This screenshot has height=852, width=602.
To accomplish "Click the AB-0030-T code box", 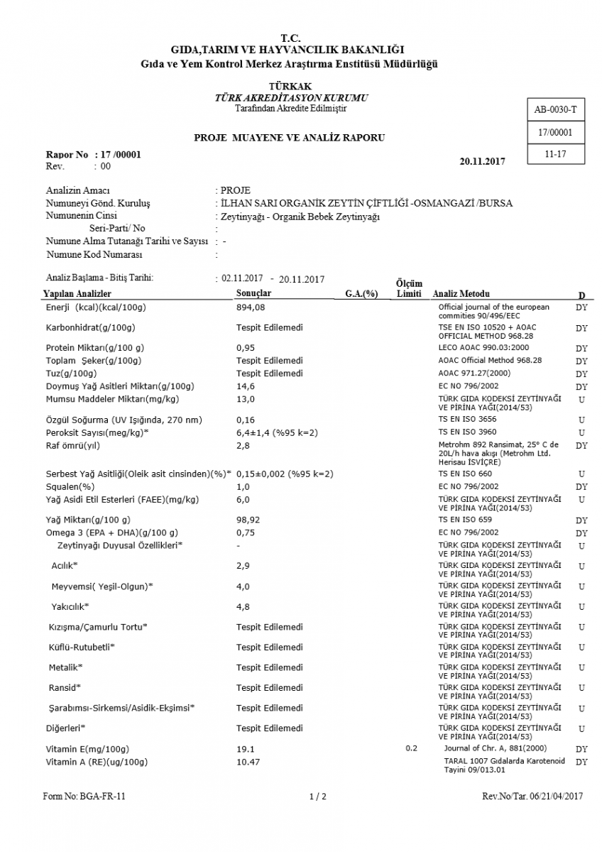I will pos(555,110).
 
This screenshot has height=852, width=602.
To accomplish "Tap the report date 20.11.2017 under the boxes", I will pos(482,161).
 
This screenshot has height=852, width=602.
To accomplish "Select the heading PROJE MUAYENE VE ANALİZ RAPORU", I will pos(290,138).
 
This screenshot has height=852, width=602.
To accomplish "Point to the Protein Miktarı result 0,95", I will pos(245,348).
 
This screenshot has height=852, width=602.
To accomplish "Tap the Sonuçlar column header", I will pos(253,293).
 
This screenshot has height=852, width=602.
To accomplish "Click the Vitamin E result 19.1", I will pos(245,749).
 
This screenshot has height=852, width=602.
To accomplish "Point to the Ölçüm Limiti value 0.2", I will pos(412,748).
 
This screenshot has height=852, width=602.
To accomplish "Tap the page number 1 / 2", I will pos(318,797).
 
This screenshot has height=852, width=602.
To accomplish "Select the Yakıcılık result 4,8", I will pos(243,607).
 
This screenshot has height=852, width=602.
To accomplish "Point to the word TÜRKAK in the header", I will pos(290,86).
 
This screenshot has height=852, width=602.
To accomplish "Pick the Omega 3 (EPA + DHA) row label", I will pos(112,532).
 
